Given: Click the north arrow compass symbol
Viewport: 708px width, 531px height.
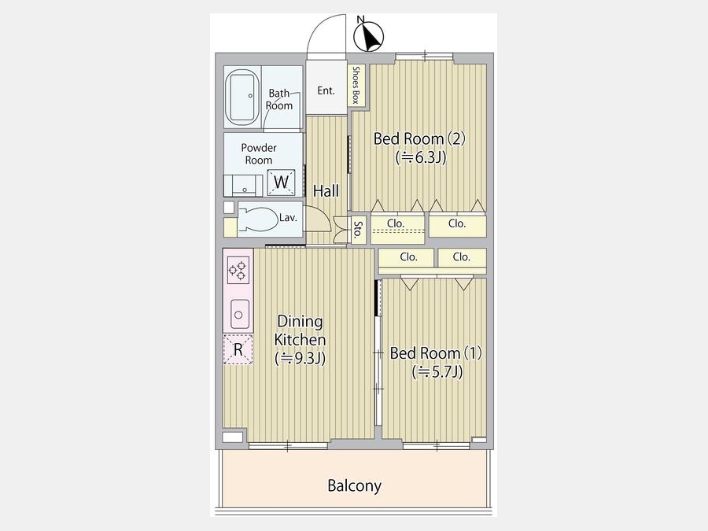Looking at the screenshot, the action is click(x=369, y=35).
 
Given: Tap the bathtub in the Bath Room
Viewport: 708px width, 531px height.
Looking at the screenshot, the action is click(x=242, y=97).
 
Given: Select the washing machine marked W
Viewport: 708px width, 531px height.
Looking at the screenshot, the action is click(x=281, y=183).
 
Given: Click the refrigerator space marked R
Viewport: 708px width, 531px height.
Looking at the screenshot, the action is click(x=238, y=349).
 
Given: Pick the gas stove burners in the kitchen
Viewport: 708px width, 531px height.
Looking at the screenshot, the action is click(x=238, y=270).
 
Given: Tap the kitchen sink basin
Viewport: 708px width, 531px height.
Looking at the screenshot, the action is click(x=239, y=314).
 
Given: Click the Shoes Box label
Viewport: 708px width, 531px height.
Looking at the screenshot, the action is click(x=356, y=85).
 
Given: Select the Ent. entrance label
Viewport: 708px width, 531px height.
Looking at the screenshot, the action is click(x=326, y=90).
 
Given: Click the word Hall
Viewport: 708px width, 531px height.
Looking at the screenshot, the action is click(x=326, y=191).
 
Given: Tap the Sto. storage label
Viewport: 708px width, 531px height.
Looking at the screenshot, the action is click(x=358, y=230).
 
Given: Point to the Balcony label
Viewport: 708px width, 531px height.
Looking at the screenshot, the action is click(x=355, y=486).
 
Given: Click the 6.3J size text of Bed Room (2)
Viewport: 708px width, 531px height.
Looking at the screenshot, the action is click(x=422, y=157).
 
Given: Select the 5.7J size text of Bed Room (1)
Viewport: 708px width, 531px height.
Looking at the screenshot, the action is click(x=437, y=372).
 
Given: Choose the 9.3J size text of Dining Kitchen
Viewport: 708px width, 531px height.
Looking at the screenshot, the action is click(x=301, y=359).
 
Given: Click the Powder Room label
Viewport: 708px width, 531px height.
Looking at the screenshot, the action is click(x=259, y=154).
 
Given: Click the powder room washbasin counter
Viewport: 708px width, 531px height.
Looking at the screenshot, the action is click(x=243, y=186).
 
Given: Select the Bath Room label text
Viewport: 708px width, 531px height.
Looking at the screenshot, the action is click(x=279, y=99).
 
